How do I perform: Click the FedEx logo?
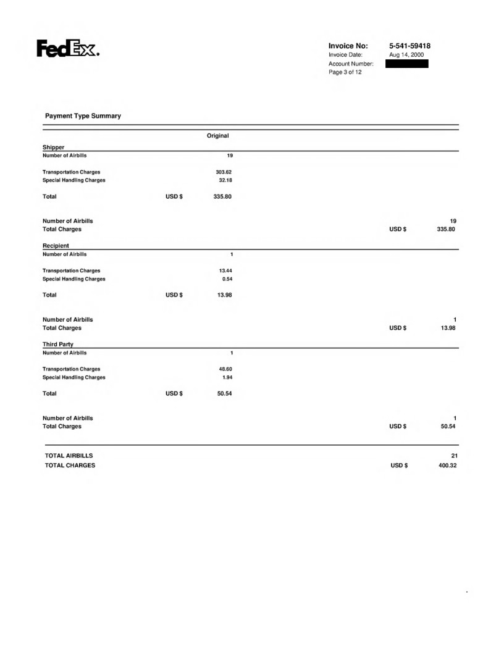tap(69, 48)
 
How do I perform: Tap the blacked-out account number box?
tap(406, 64)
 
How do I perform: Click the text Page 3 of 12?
tap(345, 72)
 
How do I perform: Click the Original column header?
tap(217, 135)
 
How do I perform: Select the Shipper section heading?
tap(54, 147)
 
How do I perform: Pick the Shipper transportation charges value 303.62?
tap(222, 172)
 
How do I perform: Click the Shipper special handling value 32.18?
tap(224, 180)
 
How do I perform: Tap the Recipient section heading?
tap(57, 245)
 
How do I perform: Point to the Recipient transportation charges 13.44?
tap(224, 270)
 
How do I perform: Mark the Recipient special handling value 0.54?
tap(226, 278)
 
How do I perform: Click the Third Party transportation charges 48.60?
tap(224, 369)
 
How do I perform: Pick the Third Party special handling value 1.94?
tap(226, 377)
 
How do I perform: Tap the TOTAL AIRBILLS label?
tap(69, 456)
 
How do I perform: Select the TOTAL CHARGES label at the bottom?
tap(70, 466)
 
